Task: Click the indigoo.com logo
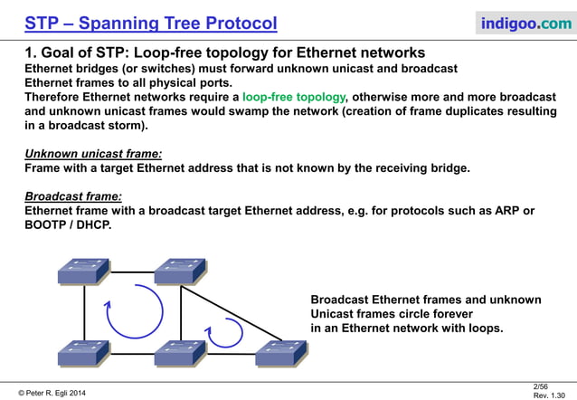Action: (524, 23)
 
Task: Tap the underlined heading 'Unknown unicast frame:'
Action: (93, 154)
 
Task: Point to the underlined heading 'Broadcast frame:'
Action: (73, 195)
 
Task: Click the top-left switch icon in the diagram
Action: (83, 271)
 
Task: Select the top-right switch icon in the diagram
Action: (179, 271)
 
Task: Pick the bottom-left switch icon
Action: (83, 354)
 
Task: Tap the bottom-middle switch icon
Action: (179, 354)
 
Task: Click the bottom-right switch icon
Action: (280, 354)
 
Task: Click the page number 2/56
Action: (542, 386)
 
